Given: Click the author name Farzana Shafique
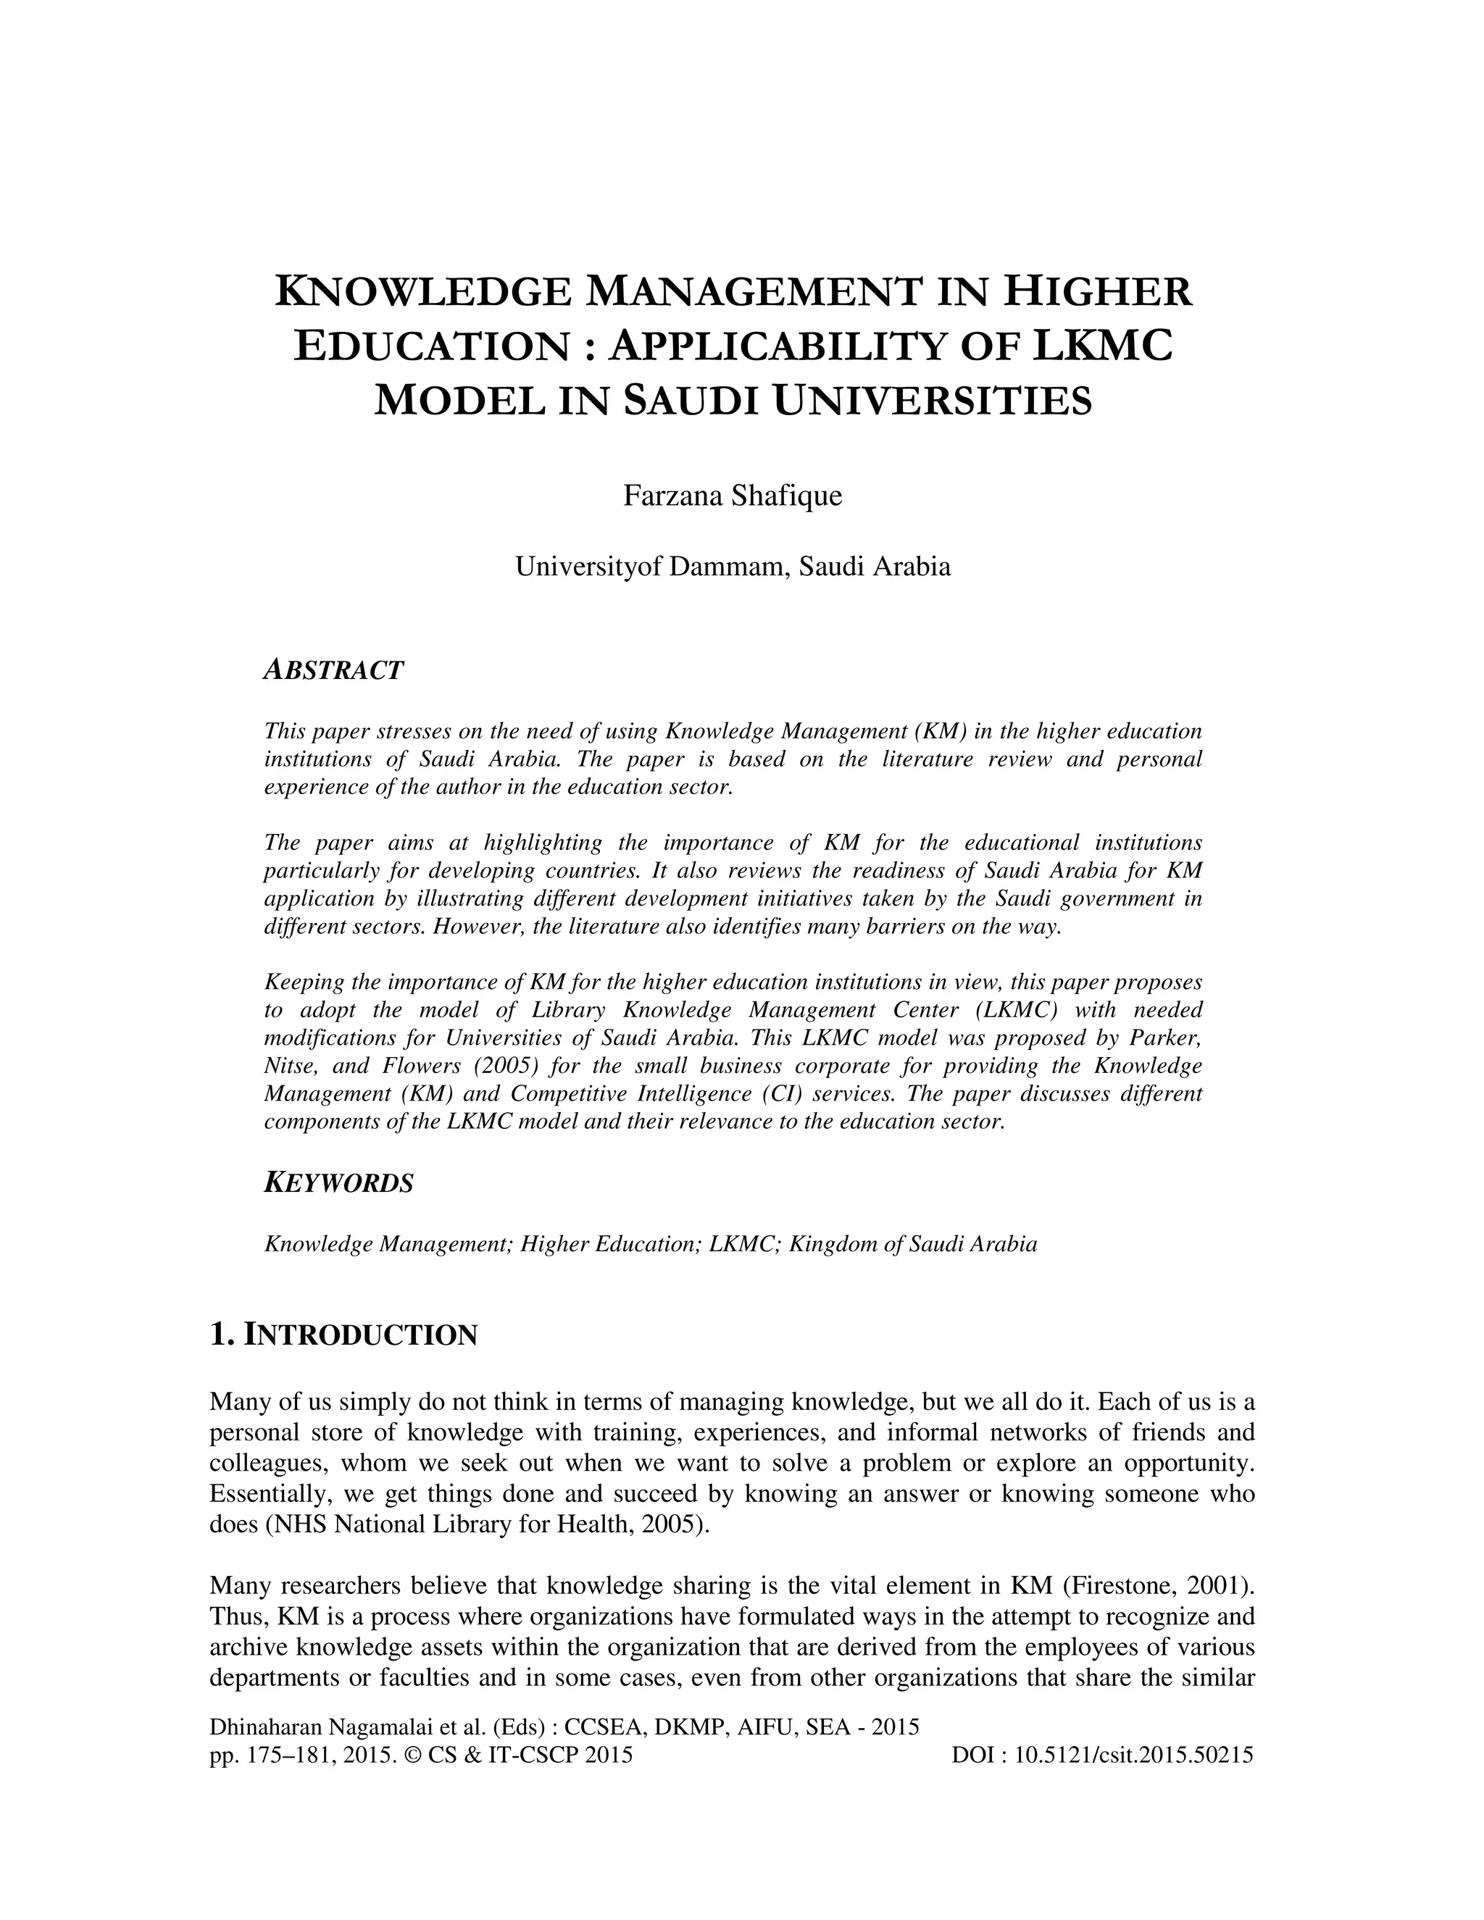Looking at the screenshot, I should (733, 496).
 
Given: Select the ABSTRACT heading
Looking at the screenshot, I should (333, 670).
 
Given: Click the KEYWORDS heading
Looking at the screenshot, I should (338, 1183).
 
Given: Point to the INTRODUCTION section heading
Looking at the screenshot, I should (359, 1335).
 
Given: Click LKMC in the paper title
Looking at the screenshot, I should (1101, 345).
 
